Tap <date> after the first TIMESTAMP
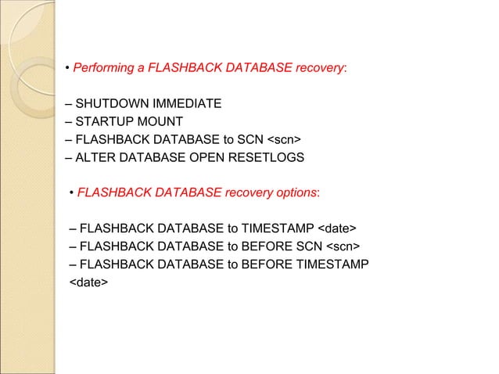(338, 228)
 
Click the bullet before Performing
(68, 69)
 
